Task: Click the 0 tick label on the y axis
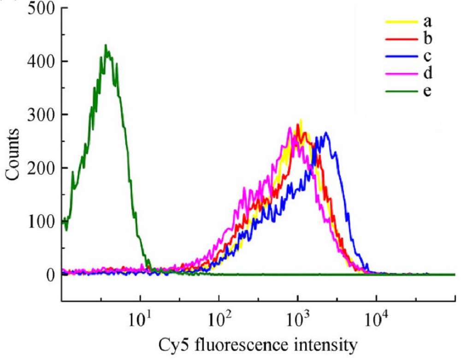pos(50,275)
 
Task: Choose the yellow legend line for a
pos(398,21)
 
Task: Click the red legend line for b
pos(398,39)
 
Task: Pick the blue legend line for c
pos(398,56)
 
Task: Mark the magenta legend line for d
pos(398,74)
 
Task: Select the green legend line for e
pos(398,91)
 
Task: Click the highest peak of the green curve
pos(106,45)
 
